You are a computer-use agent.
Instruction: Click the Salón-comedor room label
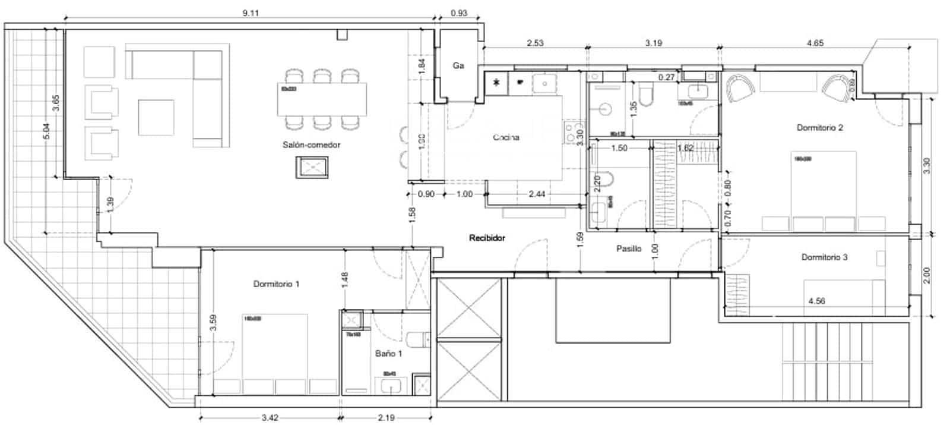pos(311,144)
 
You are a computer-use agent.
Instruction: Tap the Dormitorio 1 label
pos(276,284)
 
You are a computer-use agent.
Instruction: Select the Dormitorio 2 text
pos(820,127)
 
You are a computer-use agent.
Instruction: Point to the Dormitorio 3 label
pos(824,257)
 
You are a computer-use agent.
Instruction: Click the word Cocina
pos(506,137)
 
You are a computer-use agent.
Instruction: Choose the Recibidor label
pos(487,238)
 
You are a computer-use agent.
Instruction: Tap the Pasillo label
pos(628,249)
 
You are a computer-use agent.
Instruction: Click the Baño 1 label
pos(388,354)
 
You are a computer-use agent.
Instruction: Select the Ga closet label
pos(458,65)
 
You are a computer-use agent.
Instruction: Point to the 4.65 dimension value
pos(815,43)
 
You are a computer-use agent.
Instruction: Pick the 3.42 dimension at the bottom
pos(270,417)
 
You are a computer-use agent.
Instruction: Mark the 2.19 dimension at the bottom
pos(386,417)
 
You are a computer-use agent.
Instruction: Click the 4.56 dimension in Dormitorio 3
pos(816,301)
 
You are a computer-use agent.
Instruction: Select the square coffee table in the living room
pos(156,117)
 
